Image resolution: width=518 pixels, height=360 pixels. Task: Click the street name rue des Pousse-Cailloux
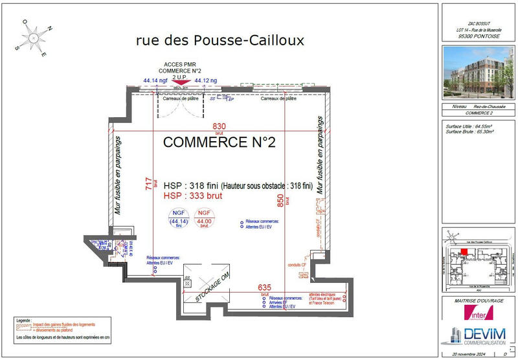coord(220,41)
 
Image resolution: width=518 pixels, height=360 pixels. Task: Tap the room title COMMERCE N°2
coord(220,142)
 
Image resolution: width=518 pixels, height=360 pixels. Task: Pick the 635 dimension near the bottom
coord(264,287)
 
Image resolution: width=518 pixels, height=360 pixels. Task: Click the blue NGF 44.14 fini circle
coord(178,219)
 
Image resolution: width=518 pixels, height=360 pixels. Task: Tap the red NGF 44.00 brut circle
coord(204,219)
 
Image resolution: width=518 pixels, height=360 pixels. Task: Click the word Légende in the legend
coord(23,319)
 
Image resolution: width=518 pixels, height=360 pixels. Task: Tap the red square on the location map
coord(464,253)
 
